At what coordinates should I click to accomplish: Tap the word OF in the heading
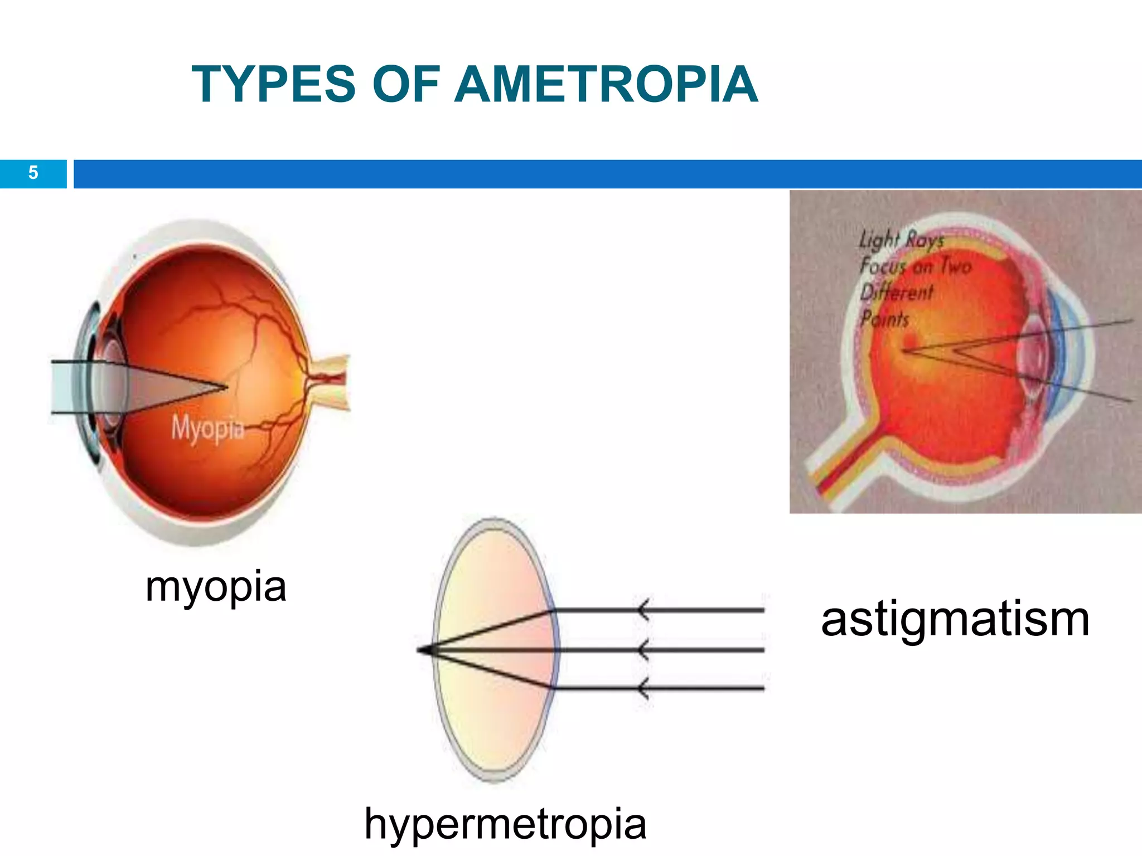pos(406,84)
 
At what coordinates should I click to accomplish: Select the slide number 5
pos(33,173)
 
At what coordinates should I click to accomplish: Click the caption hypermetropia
pos(505,823)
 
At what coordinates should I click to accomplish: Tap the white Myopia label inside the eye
pos(207,428)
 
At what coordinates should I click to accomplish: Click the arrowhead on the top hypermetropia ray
pos(643,610)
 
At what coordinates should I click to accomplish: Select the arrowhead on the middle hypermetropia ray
pos(643,650)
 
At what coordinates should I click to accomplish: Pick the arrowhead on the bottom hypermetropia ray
pos(643,689)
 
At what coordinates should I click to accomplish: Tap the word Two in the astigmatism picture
pos(956,266)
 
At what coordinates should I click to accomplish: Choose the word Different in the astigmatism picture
pos(896,292)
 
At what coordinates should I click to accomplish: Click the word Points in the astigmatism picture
pos(884,319)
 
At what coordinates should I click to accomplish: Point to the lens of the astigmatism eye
pos(1032,351)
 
